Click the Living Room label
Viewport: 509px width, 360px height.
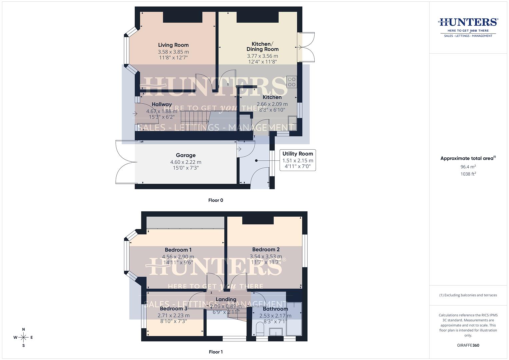click(x=173, y=45)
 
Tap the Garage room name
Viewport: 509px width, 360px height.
click(x=186, y=155)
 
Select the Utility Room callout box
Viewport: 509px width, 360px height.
click(x=298, y=160)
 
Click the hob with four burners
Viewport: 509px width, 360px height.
click(x=292, y=82)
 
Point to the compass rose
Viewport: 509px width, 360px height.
click(x=23, y=337)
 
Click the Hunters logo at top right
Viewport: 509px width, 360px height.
click(x=468, y=27)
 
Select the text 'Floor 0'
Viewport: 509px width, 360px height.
click(x=216, y=200)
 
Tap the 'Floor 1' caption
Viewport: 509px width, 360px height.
click(x=216, y=352)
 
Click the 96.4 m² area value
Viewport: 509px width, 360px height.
click(x=468, y=167)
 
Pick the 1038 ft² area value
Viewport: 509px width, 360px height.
click(x=468, y=174)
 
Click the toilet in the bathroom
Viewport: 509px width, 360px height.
click(x=260, y=329)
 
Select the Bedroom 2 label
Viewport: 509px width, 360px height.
click(x=266, y=250)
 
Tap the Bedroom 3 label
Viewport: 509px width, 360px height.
click(x=173, y=309)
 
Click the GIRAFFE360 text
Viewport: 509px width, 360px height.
click(x=468, y=345)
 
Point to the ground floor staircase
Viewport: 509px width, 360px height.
click(x=194, y=121)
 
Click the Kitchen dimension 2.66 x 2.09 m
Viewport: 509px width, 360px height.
click(x=272, y=104)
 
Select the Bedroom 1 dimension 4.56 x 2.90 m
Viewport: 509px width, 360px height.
click(x=178, y=257)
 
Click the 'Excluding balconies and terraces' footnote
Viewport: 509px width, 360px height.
click(x=468, y=295)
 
